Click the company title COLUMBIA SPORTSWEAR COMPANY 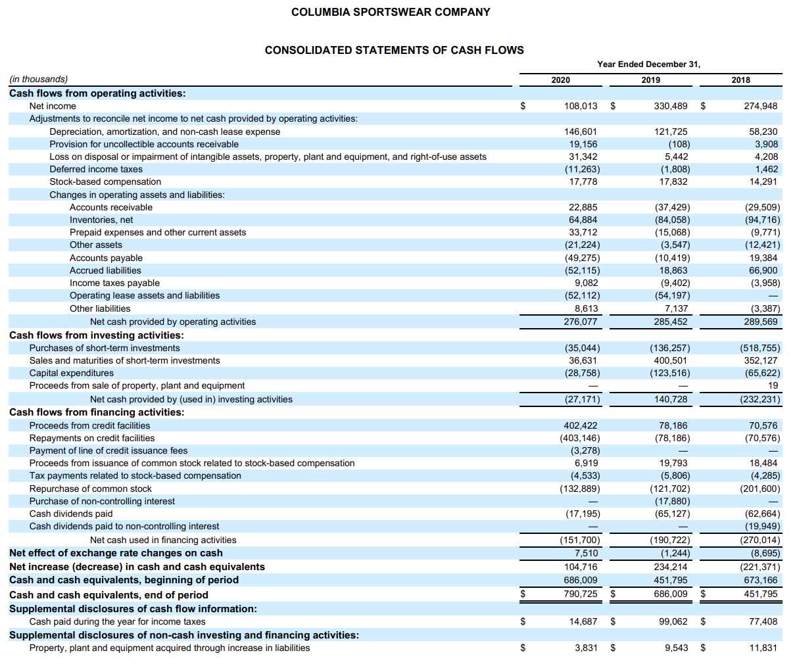tap(391, 12)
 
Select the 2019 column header tap(650, 80)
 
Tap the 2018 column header tap(740, 80)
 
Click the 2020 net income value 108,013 tap(581, 106)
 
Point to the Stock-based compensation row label tap(105, 181)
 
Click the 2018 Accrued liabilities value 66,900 tap(763, 270)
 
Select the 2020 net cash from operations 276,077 tap(581, 322)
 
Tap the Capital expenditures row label tap(72, 373)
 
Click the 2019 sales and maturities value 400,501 tap(671, 360)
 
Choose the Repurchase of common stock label tap(90, 489)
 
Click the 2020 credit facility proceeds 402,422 tap(581, 425)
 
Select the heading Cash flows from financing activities tap(97, 412)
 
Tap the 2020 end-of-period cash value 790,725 tap(581, 594)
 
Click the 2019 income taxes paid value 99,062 tap(671, 621)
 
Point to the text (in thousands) tap(38, 79)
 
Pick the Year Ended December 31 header tap(648, 64)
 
